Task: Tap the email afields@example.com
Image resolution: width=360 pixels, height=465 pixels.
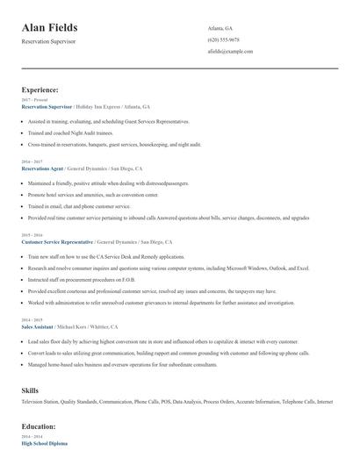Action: [230, 52]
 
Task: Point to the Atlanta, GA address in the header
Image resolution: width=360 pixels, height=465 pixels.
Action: [220, 28]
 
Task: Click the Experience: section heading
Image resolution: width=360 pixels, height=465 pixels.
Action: [40, 90]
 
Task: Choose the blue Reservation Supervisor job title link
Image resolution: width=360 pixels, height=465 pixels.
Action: [46, 106]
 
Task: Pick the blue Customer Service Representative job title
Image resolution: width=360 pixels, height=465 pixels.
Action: [57, 241]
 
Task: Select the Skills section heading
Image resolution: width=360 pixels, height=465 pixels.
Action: [31, 389]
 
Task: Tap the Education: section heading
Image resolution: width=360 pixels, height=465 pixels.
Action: [39, 426]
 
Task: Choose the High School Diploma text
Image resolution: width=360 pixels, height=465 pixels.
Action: [44, 444]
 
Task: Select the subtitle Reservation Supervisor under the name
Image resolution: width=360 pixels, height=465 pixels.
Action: [49, 41]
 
